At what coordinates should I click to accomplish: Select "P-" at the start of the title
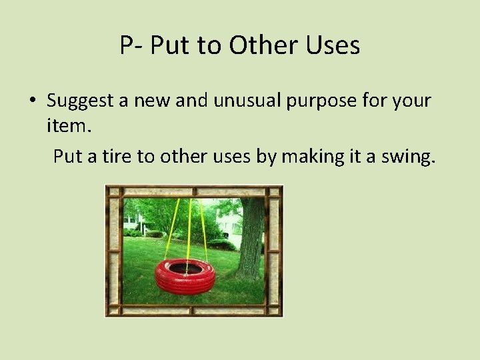click(x=133, y=45)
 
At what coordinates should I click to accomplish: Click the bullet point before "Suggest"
click(x=32, y=102)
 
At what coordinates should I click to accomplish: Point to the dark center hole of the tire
click(x=185, y=267)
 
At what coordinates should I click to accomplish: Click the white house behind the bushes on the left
click(x=131, y=219)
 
